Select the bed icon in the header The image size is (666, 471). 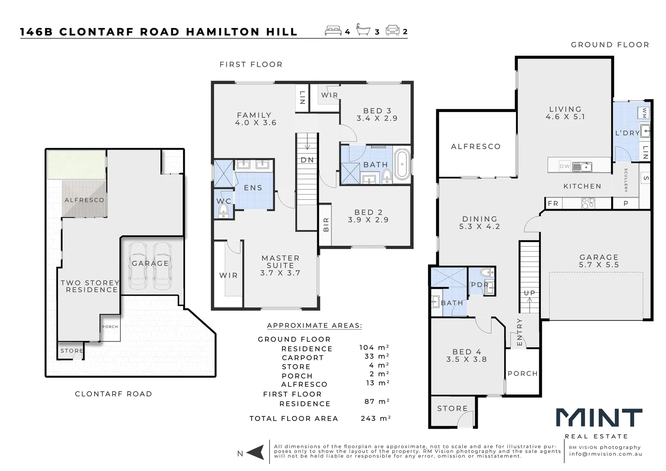point(333,31)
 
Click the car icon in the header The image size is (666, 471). point(393,31)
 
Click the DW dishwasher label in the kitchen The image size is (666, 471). point(564,166)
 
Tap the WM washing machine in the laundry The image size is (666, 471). point(644,113)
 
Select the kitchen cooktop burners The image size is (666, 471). point(588,203)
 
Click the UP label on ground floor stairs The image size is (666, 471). point(530,293)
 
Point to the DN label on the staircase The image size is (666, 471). point(307,160)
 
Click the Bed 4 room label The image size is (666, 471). point(466,355)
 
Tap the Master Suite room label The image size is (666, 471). point(280,265)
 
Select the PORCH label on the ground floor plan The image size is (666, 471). point(523,374)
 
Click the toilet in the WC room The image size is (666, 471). point(223,212)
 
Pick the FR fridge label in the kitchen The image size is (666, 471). point(553,204)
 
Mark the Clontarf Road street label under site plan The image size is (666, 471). point(113,394)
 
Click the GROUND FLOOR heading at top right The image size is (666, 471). point(610,45)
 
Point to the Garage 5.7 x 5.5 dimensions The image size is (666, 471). point(599,265)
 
